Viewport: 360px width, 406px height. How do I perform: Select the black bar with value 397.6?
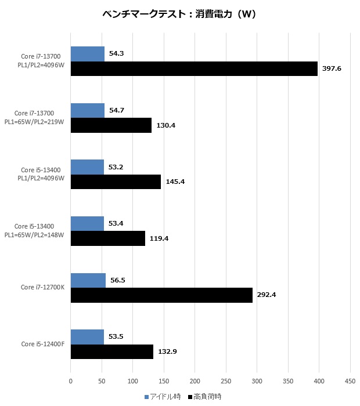(x=194, y=68)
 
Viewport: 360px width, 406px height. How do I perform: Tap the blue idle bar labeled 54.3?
(x=87, y=54)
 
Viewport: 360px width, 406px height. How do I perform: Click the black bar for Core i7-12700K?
(x=161, y=295)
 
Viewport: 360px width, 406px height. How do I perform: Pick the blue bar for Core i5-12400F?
(x=87, y=337)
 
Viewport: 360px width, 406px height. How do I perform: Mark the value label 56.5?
(x=118, y=280)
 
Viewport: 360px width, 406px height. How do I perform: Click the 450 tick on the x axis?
(x=350, y=381)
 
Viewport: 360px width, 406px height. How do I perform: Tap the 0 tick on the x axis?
(x=71, y=381)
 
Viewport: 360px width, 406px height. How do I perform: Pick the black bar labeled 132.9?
(x=112, y=352)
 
